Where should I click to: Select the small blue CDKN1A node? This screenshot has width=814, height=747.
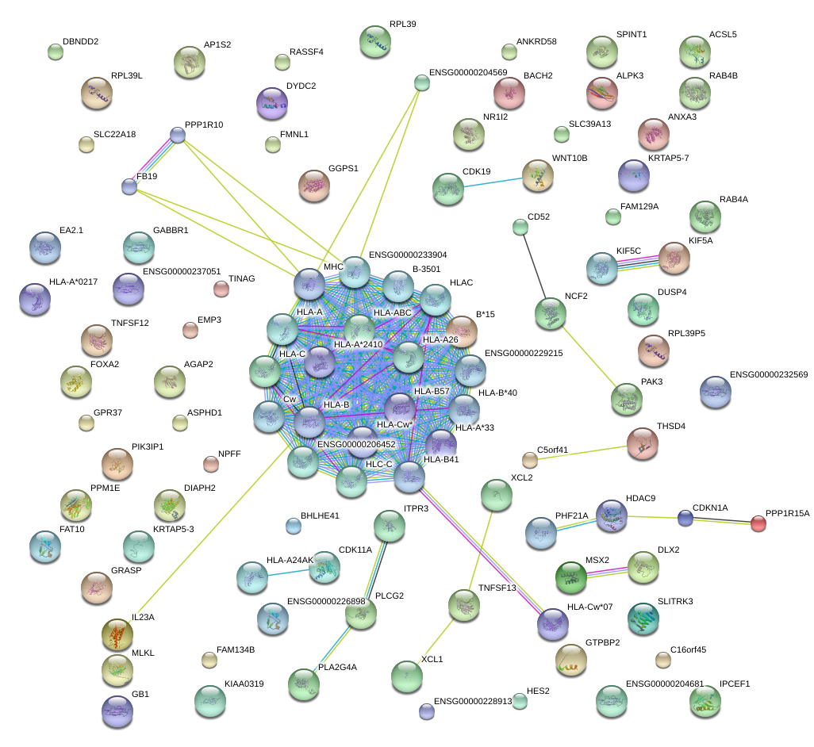click(x=685, y=519)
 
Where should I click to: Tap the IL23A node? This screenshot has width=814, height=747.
click(x=117, y=634)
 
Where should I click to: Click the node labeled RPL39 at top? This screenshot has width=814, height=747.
click(x=375, y=42)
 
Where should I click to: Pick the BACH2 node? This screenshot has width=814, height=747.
click(x=509, y=93)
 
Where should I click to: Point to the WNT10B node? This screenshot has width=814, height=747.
click(x=538, y=175)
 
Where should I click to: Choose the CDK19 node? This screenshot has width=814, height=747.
click(x=447, y=189)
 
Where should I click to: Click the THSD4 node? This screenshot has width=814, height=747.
click(x=642, y=443)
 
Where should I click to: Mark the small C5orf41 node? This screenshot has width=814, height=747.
click(x=530, y=460)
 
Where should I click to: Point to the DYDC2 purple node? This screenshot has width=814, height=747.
click(x=273, y=102)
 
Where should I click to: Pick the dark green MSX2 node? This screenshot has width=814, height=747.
click(x=571, y=577)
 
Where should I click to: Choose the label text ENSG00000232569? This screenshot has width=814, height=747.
click(x=768, y=374)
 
